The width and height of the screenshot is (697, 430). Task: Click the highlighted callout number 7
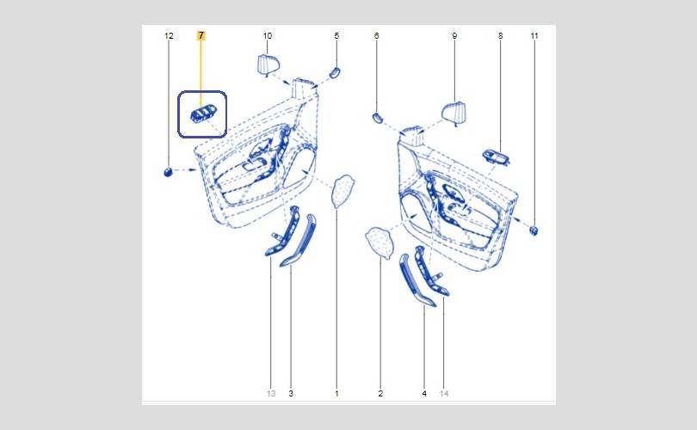pyautogui.click(x=200, y=35)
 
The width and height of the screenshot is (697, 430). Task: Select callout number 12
pyautogui.click(x=169, y=35)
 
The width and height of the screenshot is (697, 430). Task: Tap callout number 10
pyautogui.click(x=267, y=35)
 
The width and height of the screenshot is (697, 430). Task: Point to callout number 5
pyautogui.click(x=336, y=35)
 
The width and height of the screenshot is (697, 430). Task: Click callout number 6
pyautogui.click(x=377, y=35)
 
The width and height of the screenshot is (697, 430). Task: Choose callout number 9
pyautogui.click(x=454, y=35)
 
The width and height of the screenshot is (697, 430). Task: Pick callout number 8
pyautogui.click(x=501, y=35)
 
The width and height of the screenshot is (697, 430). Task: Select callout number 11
pyautogui.click(x=534, y=35)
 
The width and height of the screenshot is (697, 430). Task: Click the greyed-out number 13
pyautogui.click(x=271, y=393)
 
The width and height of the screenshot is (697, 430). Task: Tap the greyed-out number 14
pyautogui.click(x=444, y=393)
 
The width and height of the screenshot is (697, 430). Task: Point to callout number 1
pyautogui.click(x=336, y=393)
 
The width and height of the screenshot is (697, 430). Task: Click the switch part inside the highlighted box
pyautogui.click(x=203, y=114)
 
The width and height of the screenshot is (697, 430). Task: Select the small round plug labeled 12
pyautogui.click(x=168, y=172)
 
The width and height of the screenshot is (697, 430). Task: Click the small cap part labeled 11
pyautogui.click(x=534, y=230)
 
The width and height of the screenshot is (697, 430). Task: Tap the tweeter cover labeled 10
pyautogui.click(x=268, y=64)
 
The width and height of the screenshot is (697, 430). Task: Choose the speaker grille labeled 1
pyautogui.click(x=343, y=191)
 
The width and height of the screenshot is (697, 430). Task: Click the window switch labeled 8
pyautogui.click(x=497, y=157)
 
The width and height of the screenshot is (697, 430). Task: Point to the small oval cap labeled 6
pyautogui.click(x=377, y=118)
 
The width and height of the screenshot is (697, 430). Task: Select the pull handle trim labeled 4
pyautogui.click(x=417, y=279)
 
